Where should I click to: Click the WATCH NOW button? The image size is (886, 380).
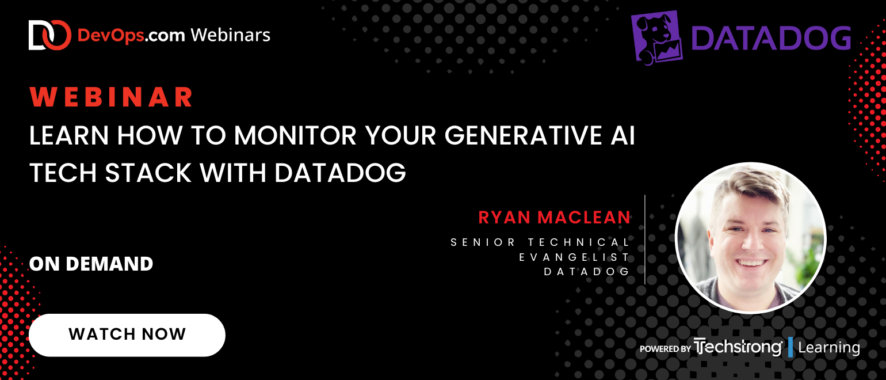(x=127, y=335)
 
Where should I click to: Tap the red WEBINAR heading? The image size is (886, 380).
(x=111, y=97)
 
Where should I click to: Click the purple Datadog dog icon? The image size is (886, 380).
(x=656, y=37)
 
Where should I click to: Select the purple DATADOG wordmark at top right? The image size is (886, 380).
(x=771, y=39)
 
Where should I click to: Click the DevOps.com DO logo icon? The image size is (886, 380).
(x=50, y=35)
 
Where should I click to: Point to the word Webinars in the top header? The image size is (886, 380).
(x=231, y=35)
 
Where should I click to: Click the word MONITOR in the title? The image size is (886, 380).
(x=295, y=136)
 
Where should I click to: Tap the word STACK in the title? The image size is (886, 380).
(x=148, y=173)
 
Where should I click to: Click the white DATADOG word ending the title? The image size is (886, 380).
(x=340, y=173)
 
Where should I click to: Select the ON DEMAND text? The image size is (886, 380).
(x=91, y=264)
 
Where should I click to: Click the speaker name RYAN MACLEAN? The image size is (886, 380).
(x=555, y=217)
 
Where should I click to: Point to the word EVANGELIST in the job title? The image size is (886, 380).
(x=574, y=257)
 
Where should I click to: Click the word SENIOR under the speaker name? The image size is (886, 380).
(x=483, y=242)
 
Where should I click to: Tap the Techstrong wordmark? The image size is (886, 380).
(x=739, y=347)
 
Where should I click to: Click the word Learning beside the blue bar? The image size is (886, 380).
(x=829, y=348)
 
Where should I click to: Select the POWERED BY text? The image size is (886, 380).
(x=665, y=349)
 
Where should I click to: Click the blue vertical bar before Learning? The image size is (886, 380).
(x=790, y=347)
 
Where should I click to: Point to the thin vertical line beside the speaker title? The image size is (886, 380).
(x=645, y=240)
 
